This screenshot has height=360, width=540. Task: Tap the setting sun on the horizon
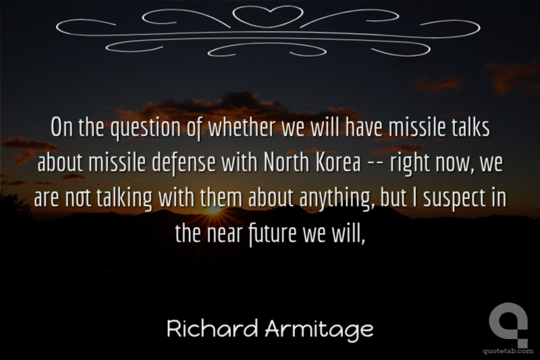click(x=214, y=210)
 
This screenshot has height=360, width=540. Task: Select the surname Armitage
click(x=319, y=330)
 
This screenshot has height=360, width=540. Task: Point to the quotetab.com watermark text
click(x=508, y=351)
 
